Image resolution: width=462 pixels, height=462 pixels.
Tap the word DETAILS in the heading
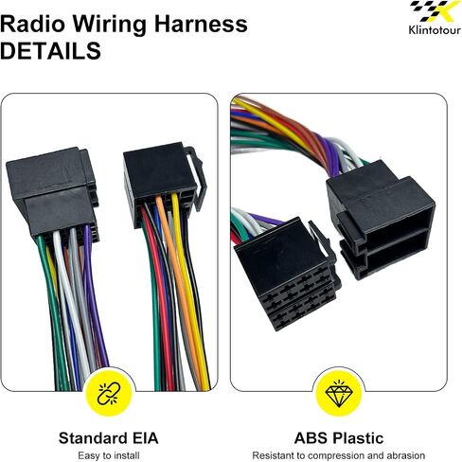pyautogui.click(x=50, y=51)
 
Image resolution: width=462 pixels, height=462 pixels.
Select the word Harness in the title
pyautogui.click(x=201, y=24)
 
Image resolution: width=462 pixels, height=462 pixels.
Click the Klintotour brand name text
pyautogui.click(x=435, y=30)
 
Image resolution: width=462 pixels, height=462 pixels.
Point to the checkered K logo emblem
pyautogui.click(x=435, y=11)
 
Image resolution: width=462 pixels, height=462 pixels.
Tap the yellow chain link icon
pyautogui.click(x=109, y=394)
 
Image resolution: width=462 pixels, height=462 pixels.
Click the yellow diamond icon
pyautogui.click(x=339, y=393)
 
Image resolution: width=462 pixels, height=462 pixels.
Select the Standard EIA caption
pyautogui.click(x=108, y=438)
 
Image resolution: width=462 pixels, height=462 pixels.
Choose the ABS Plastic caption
pyautogui.click(x=339, y=438)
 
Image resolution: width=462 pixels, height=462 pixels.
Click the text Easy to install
pyautogui.click(x=109, y=455)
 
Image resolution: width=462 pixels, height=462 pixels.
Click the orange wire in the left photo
pyautogui.click(x=180, y=284)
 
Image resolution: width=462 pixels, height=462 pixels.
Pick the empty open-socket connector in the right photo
pyautogui.click(x=381, y=220)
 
